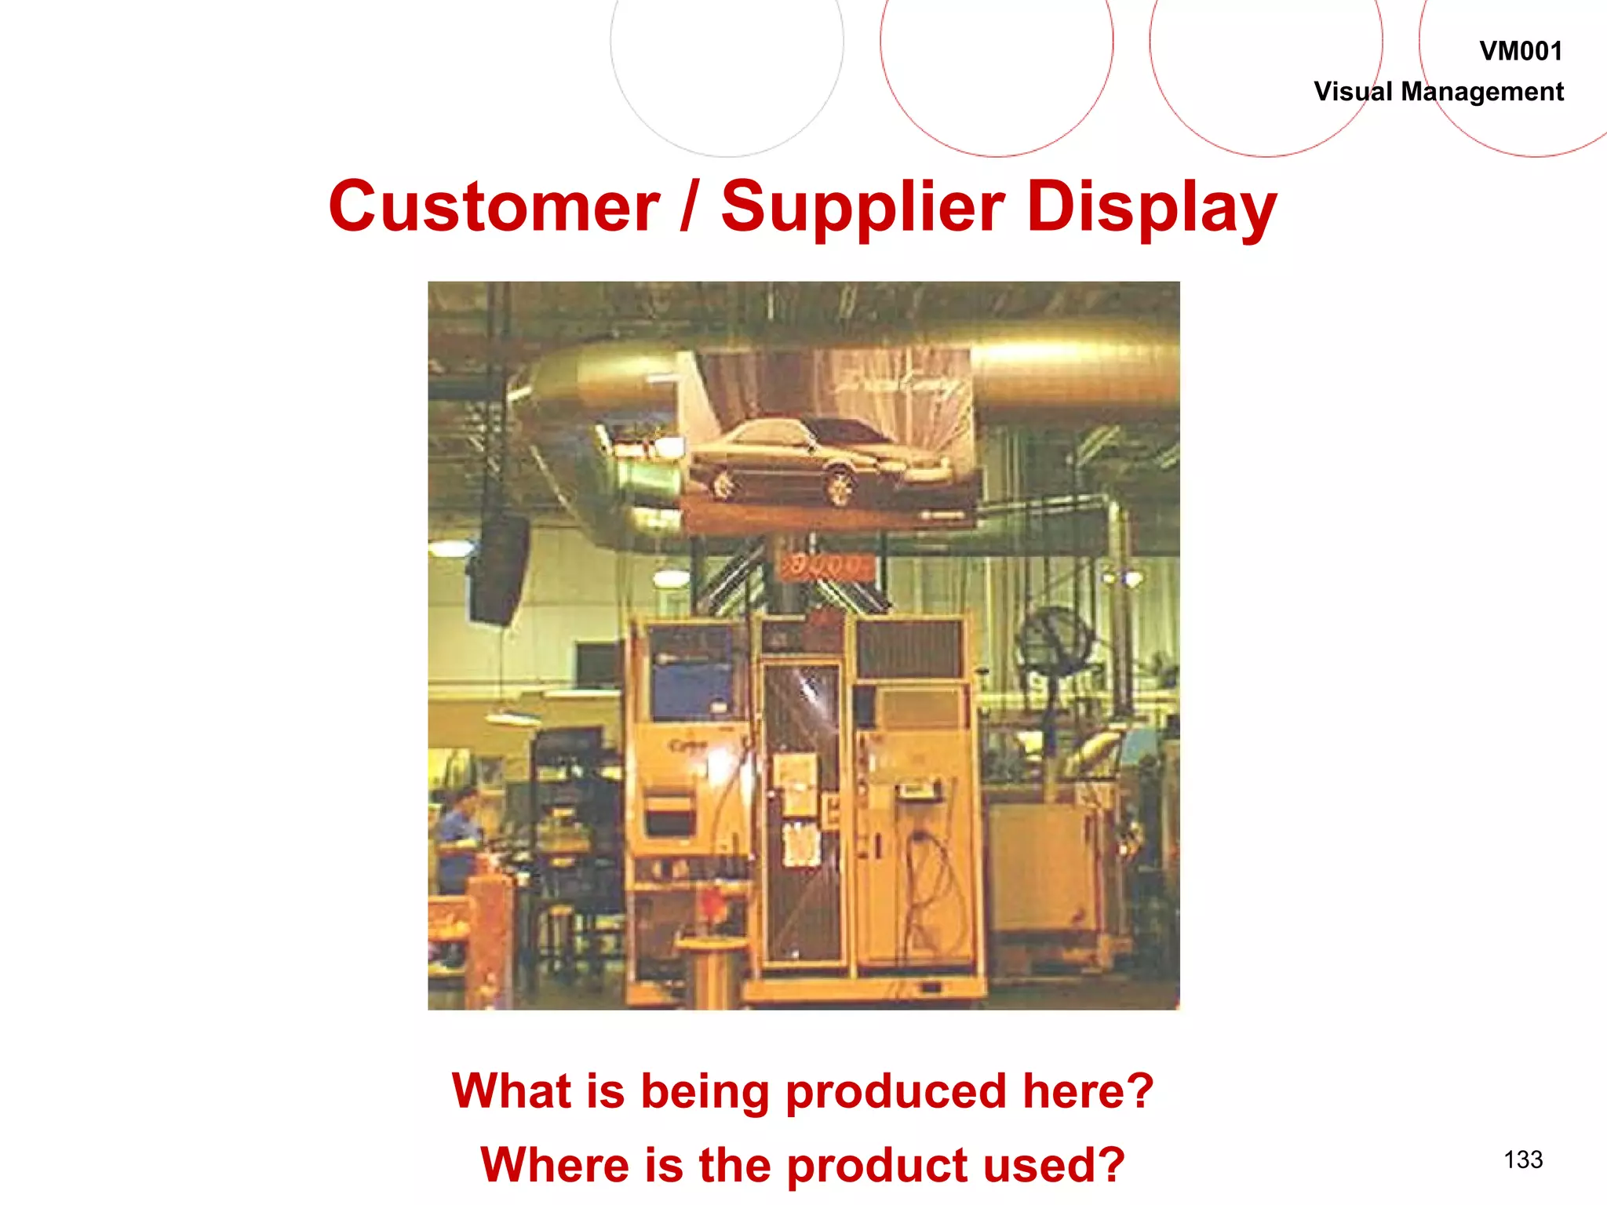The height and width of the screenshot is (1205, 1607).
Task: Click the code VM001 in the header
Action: click(1521, 52)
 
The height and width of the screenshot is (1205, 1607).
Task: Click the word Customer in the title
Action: click(494, 206)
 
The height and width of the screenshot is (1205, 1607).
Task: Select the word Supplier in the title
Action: click(862, 208)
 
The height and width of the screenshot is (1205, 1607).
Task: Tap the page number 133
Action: click(1523, 1159)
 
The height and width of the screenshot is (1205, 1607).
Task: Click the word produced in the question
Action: click(895, 1093)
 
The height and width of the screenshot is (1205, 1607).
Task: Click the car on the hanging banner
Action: click(816, 460)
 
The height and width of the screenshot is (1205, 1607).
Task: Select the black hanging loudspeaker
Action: click(497, 568)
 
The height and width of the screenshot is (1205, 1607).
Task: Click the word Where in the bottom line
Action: click(553, 1165)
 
